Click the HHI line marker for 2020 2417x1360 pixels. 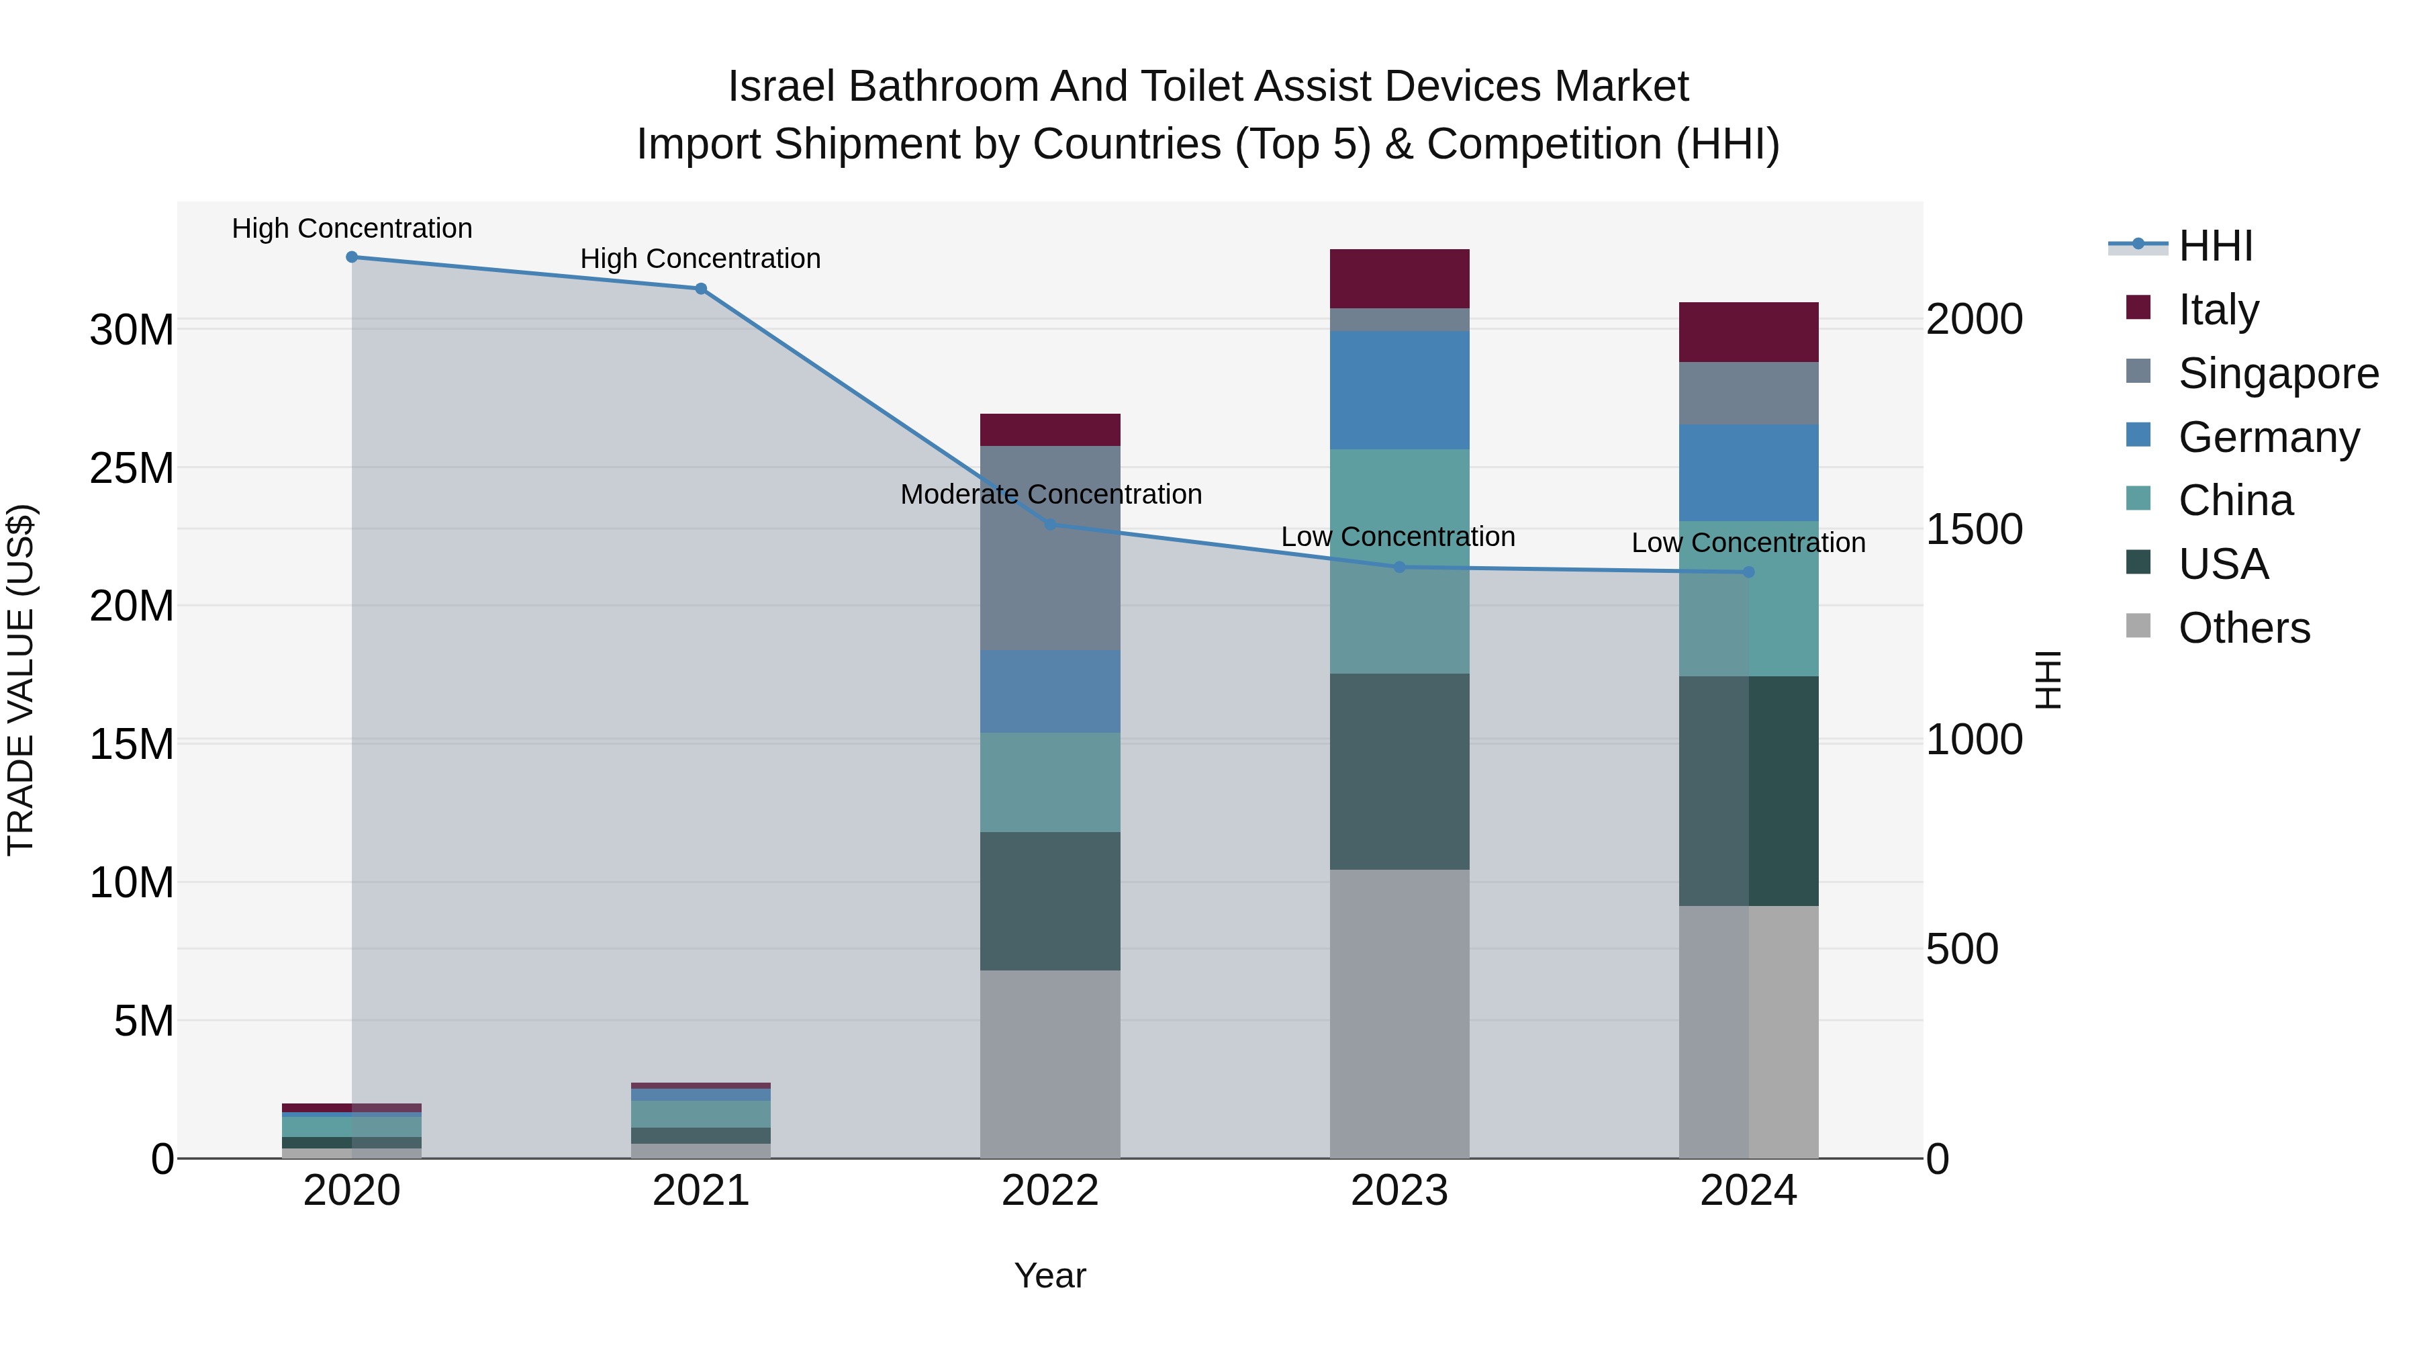click(x=352, y=257)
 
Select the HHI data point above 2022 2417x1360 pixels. click(x=1051, y=525)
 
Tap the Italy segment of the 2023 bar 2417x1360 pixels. click(x=1399, y=279)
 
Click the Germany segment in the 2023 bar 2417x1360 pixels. click(x=1399, y=390)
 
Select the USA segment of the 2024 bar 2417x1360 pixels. click(x=1748, y=790)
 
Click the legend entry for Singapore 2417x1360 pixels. click(x=2277, y=373)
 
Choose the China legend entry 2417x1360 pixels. click(x=2235, y=501)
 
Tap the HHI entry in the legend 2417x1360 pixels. click(x=2216, y=246)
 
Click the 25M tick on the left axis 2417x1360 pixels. click(x=132, y=468)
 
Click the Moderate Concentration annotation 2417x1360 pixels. click(x=1051, y=494)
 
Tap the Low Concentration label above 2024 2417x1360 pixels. click(x=1748, y=543)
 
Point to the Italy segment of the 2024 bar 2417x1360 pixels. click(x=1748, y=332)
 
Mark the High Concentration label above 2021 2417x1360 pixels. click(x=700, y=259)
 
